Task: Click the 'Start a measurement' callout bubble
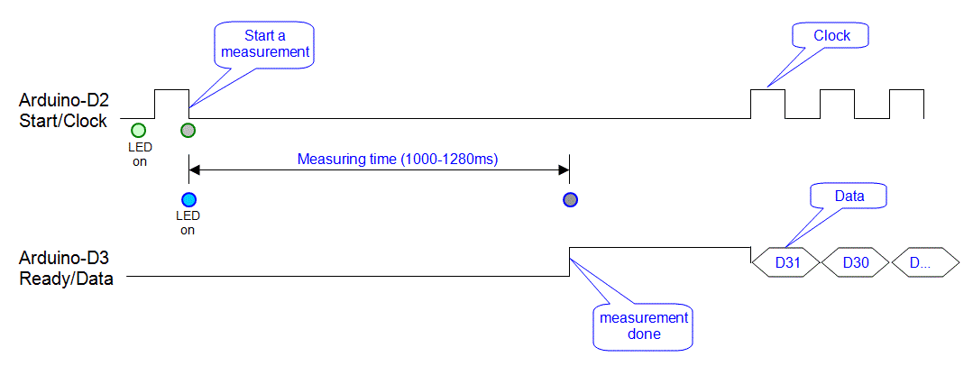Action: click(265, 43)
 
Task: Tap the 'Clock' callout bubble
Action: click(831, 35)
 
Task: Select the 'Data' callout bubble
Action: click(849, 196)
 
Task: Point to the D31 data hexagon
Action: click(786, 263)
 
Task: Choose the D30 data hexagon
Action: click(856, 263)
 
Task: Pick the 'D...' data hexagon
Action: click(925, 263)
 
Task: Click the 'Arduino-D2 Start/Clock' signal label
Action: click(63, 110)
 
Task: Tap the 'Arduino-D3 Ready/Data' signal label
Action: click(67, 269)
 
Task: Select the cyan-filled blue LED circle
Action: click(188, 200)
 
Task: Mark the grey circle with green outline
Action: click(188, 131)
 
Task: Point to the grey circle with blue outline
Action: click(570, 200)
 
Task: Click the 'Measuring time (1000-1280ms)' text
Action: click(399, 159)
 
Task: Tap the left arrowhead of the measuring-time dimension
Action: click(194, 170)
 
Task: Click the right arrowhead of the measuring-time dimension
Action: click(564, 170)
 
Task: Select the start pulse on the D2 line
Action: click(172, 90)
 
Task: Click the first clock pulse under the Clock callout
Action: click(768, 90)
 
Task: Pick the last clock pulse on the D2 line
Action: click(906, 90)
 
